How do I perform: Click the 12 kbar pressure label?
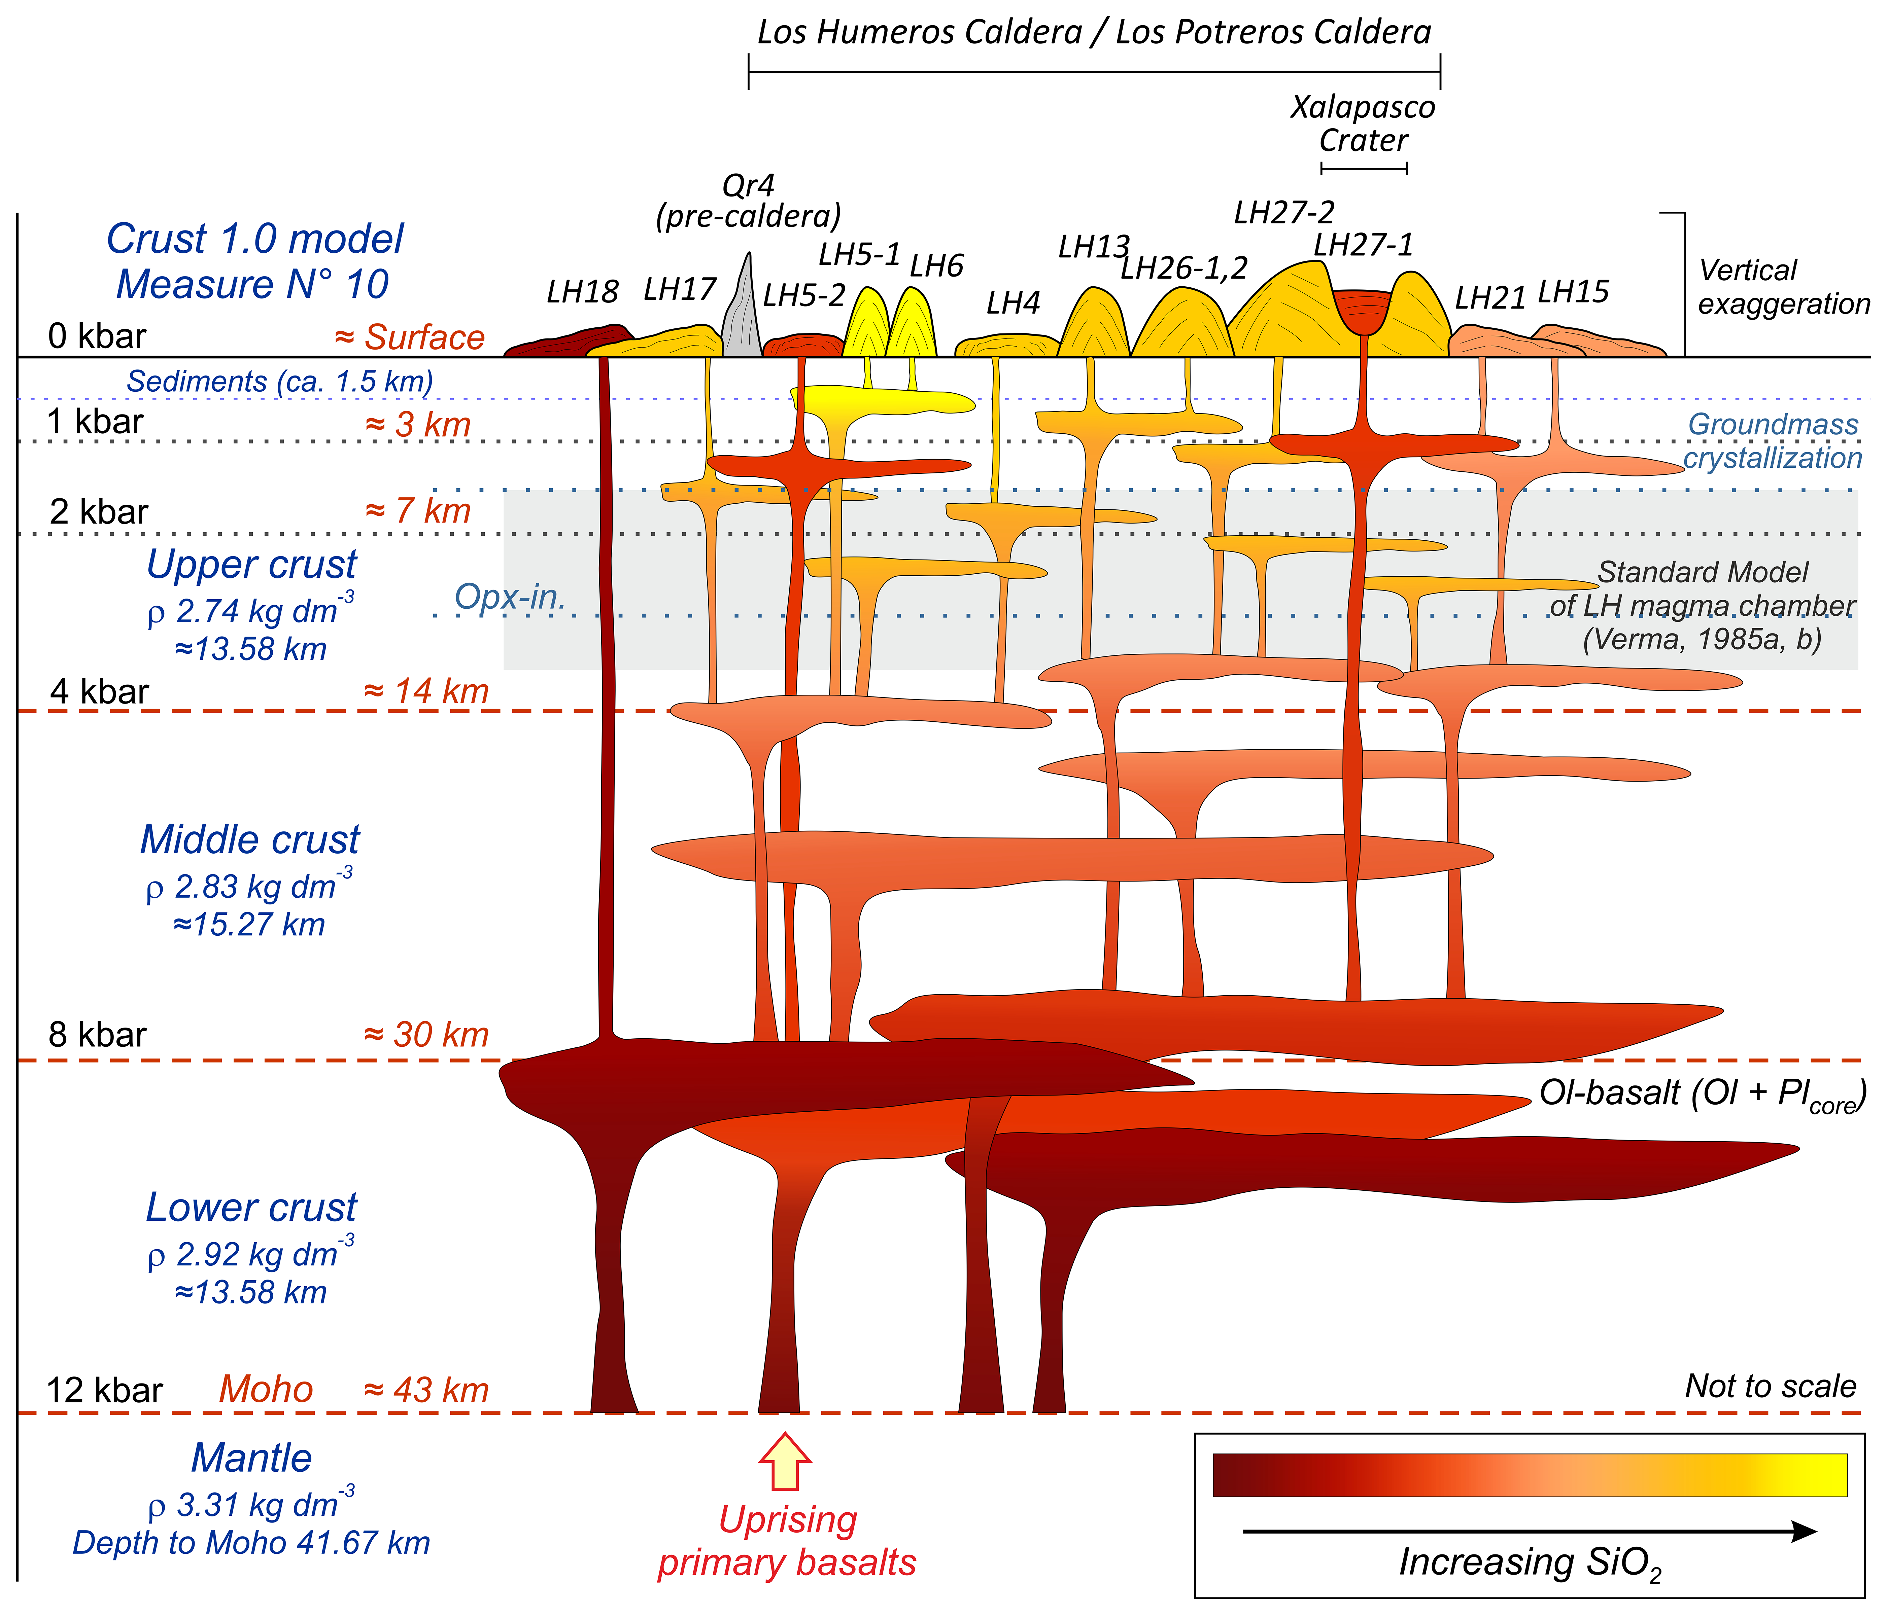click(x=105, y=1390)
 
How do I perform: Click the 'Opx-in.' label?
click(x=510, y=597)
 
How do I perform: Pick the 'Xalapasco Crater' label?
click(x=1363, y=124)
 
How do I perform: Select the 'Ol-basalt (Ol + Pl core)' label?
click(x=1701, y=1094)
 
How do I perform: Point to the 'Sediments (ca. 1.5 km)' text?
click(x=280, y=382)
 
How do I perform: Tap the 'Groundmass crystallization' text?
click(x=1771, y=441)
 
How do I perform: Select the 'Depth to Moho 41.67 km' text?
click(x=251, y=1543)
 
